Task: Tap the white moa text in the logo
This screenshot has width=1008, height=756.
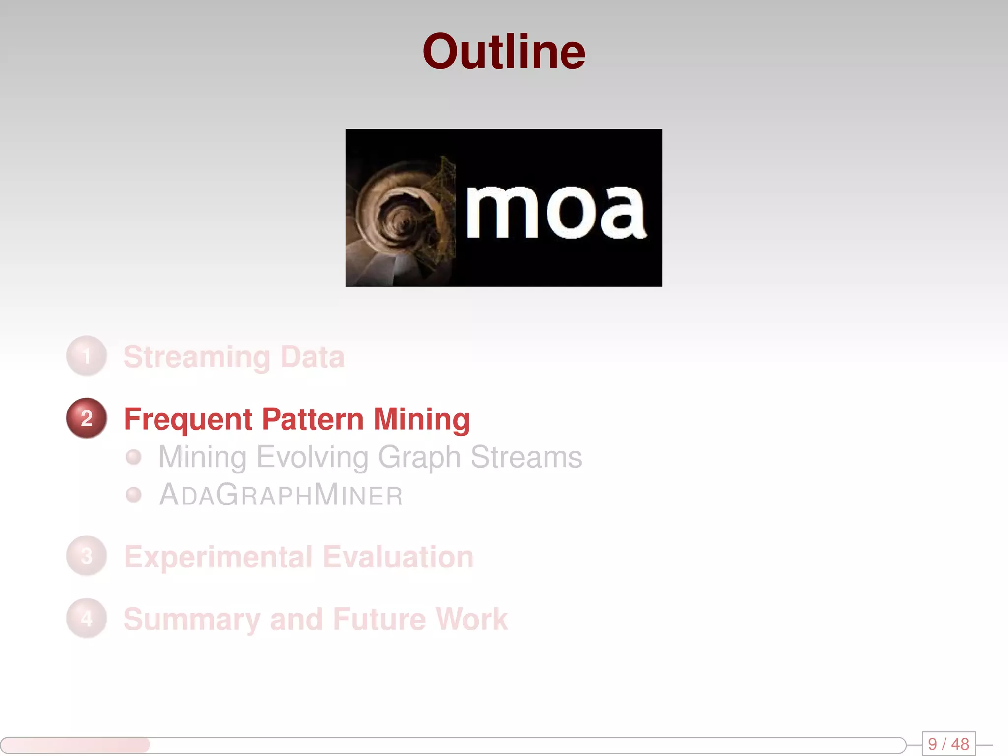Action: click(555, 212)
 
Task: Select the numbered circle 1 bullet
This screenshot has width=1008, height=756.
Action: click(87, 356)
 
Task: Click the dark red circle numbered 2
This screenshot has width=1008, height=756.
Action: click(87, 418)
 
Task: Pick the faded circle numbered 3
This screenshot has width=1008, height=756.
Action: click(87, 556)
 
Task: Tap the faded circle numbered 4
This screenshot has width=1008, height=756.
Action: click(87, 618)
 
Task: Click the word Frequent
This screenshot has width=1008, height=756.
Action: click(188, 419)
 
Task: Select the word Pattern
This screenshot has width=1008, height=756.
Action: click(313, 419)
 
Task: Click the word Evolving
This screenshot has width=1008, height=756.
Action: click(313, 457)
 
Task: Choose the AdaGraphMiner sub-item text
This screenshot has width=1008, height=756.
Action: click(281, 495)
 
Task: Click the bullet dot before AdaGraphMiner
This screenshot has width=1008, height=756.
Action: click(133, 495)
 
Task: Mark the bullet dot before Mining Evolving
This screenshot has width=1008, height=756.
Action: click(133, 457)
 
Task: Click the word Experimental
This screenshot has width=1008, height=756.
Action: click(218, 557)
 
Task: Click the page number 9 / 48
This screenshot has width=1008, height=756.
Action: click(948, 744)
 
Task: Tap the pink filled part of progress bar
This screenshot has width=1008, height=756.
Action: click(76, 745)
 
